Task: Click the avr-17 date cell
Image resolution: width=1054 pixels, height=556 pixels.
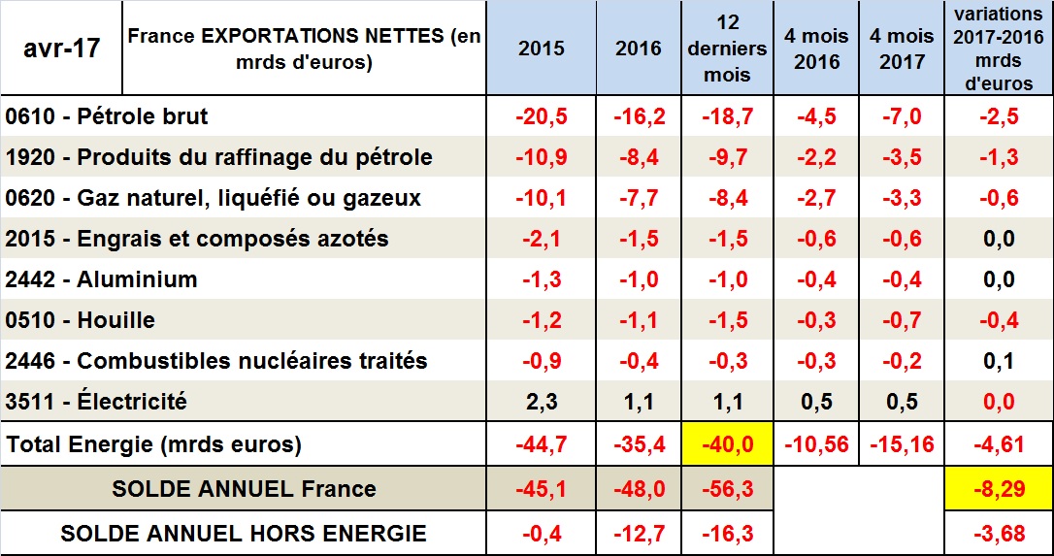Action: [62, 48]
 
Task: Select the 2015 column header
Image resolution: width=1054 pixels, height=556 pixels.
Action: [542, 49]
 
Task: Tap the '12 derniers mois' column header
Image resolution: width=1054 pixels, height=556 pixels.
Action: [727, 48]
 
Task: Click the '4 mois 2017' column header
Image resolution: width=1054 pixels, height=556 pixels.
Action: [902, 49]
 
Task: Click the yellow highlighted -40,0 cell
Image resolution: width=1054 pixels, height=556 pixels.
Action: [727, 444]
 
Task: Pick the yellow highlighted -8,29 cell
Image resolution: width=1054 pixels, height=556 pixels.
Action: [999, 488]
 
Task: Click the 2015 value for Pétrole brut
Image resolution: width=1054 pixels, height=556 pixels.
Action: [542, 116]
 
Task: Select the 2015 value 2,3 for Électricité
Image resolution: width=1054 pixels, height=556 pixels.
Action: [542, 402]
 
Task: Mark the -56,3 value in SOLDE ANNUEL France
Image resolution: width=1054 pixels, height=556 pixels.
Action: [727, 488]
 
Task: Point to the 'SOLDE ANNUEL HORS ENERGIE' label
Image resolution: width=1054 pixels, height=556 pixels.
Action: [243, 533]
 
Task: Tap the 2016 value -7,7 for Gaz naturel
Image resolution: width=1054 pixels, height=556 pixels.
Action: [638, 198]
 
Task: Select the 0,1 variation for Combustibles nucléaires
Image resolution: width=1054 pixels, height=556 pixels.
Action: [999, 361]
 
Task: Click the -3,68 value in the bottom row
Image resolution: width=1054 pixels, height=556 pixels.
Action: [999, 533]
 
